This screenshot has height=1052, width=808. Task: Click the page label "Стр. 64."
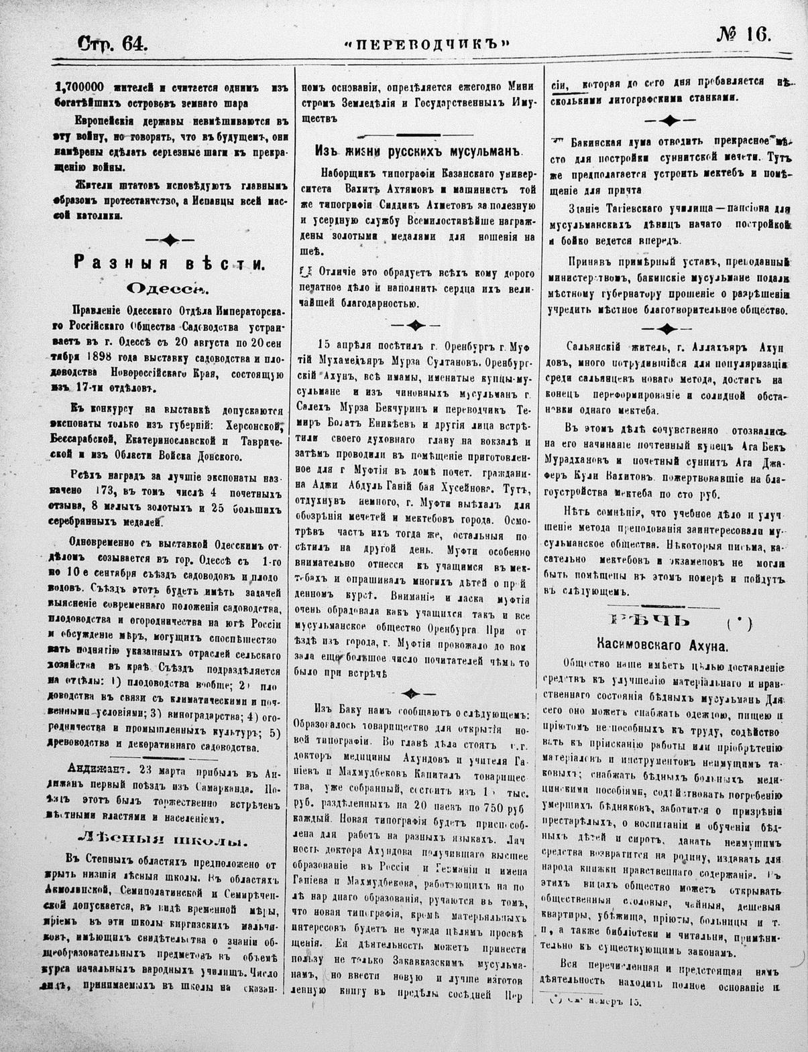pyautogui.click(x=112, y=44)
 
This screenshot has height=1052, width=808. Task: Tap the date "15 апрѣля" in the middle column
pyautogui.click(x=340, y=354)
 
